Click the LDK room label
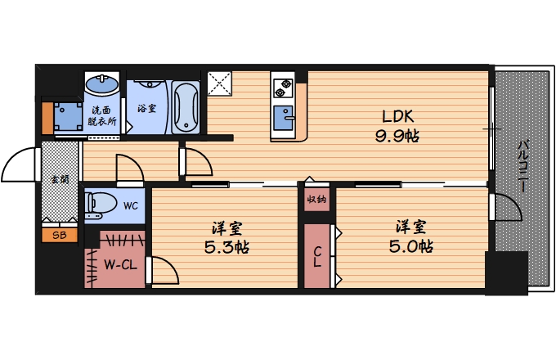397,116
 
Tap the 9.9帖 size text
397,136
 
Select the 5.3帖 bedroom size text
226,247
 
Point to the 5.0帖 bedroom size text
410,246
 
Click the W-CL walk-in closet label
120,264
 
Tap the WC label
131,206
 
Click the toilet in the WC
101,205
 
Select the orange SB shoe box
60,235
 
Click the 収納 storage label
316,200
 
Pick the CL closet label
317,257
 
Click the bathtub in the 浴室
186,107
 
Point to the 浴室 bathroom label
146,108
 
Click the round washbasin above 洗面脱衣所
102,83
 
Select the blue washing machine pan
68,117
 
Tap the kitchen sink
284,117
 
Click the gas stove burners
284,88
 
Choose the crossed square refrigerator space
219,83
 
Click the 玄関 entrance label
60,179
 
